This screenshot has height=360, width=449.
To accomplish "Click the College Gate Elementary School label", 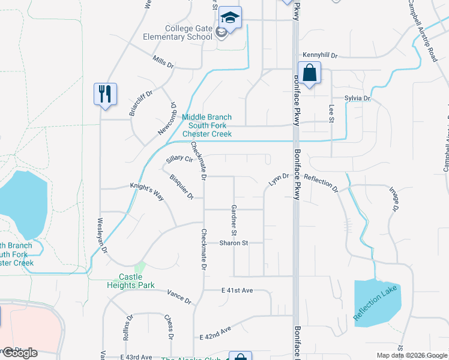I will coord(189,32).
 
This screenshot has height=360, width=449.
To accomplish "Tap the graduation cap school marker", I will coord(230,17).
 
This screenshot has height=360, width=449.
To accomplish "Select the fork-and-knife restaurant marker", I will coord(105,95).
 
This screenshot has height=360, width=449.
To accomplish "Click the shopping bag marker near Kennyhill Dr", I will coord(309,74).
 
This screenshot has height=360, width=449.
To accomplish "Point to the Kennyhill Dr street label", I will coord(320,55).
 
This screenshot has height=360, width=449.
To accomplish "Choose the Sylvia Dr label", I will coord(358,98).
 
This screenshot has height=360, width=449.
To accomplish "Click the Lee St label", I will coord(331,113).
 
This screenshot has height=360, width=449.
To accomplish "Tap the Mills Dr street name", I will coord(163,62).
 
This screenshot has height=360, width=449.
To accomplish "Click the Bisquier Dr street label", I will coord(181,187).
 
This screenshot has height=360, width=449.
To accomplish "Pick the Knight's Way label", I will coord(147,188).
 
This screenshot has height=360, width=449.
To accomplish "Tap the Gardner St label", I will coord(234,220).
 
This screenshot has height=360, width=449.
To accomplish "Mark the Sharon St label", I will coord(234,243).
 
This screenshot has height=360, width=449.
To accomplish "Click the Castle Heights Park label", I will coord(137,281).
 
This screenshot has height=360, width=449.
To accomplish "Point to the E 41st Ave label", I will coord(237,290).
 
